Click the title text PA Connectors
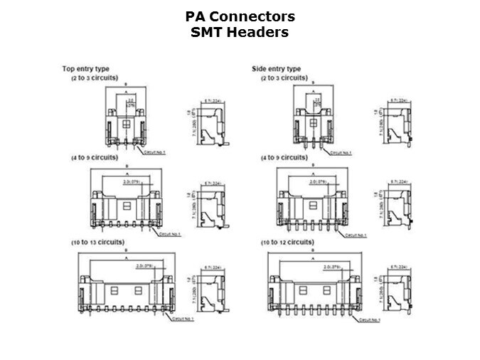[240, 16]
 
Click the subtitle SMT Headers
[240, 32]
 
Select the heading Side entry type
[276, 69]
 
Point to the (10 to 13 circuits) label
[103, 243]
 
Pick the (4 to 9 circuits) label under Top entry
[99, 157]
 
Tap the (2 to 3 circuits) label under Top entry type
[94, 78]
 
